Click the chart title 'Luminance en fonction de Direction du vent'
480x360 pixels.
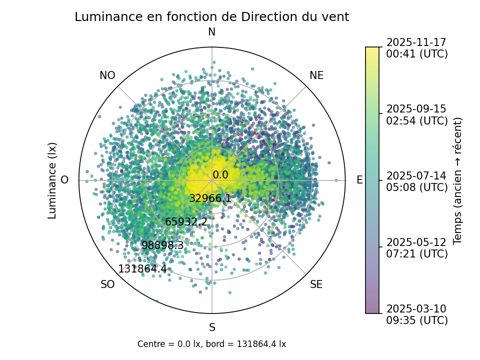pos(211,17)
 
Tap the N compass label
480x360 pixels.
pos(212,32)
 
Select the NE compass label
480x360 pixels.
pos(316,75)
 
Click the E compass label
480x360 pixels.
pos(359,180)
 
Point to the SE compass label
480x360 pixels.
pos(316,285)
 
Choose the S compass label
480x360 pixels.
pos(212,328)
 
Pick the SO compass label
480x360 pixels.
pos(107,285)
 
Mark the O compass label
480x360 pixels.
pos(64,180)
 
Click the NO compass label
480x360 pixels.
pos(107,75)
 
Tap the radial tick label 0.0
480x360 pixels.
pos(220,175)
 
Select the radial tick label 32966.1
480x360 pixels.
pos(210,198)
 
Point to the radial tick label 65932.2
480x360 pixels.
pos(186,222)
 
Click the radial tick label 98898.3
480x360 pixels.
pos(162,245)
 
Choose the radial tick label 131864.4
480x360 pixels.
pos(142,269)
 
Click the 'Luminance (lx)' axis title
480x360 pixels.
pos(52,180)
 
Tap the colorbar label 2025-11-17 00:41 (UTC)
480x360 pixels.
pos(417,48)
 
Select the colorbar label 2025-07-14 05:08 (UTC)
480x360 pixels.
pos(417,181)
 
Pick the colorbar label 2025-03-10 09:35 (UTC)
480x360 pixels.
pos(417,314)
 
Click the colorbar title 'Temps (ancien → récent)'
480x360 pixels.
pos(457,180)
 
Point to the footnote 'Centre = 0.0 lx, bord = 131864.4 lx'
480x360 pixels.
pos(211,344)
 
